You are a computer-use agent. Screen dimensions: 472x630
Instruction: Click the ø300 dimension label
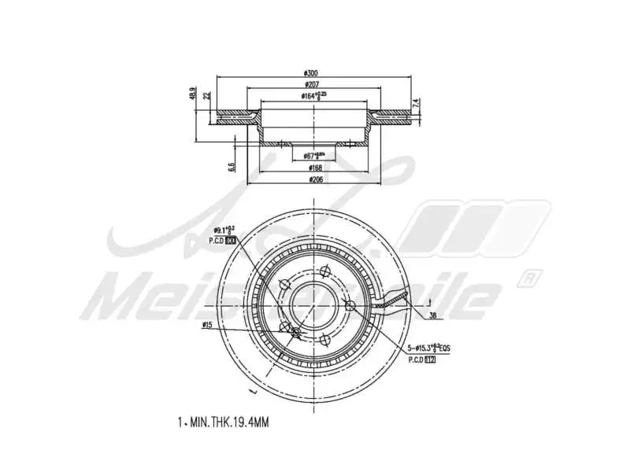pos(314,73)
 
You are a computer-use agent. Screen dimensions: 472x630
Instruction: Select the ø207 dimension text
pos(314,84)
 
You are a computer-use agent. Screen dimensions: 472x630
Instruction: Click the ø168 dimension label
pos(314,168)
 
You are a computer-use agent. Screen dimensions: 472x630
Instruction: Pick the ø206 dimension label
pos(314,179)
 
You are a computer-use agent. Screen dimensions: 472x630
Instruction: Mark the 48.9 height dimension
pos(193,94)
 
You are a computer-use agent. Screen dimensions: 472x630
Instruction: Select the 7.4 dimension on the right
pos(417,102)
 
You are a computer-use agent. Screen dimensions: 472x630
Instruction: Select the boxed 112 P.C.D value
pos(430,360)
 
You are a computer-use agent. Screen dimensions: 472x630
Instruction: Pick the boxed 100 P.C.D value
pos(230,240)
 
